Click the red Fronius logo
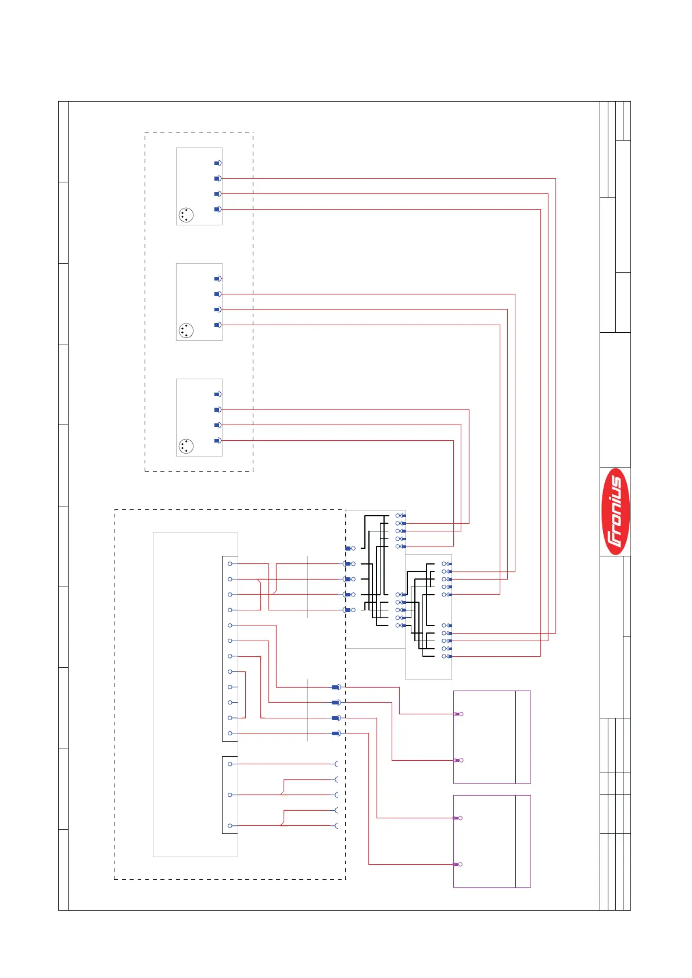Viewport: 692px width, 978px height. pos(615,511)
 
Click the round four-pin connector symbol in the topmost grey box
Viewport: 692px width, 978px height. pos(186,215)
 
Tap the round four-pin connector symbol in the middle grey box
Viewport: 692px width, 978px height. pos(186,331)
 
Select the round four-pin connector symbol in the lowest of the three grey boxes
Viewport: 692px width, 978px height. pos(186,446)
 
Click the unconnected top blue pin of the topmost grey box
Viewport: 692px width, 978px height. pos(217,163)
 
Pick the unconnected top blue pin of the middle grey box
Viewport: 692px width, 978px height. pos(217,279)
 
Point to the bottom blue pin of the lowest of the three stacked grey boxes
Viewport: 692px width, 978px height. pos(217,441)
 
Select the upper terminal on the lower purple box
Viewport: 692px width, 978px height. pos(458,818)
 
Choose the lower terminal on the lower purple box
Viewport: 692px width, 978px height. pos(458,864)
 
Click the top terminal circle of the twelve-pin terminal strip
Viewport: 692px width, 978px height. pos(231,564)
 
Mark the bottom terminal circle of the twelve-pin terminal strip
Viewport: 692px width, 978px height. pos(231,734)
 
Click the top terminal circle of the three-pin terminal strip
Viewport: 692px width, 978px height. pos(231,764)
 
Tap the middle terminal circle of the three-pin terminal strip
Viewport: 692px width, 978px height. pos(231,795)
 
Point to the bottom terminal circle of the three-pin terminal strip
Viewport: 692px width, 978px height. pos(231,826)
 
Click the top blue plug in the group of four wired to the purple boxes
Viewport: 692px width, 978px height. pos(335,687)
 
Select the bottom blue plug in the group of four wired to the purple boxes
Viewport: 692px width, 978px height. pos(335,734)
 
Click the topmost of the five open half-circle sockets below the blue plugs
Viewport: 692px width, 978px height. pos(337,764)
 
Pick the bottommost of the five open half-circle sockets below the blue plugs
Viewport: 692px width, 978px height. pos(337,826)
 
